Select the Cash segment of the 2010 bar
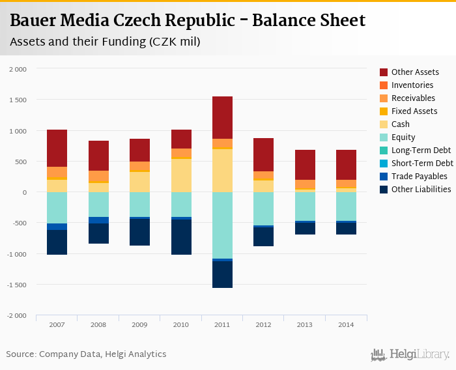pos(181,175)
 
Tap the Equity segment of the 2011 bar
pos(222,225)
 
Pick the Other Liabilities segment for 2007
pos(57,242)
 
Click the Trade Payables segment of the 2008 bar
pos(99,220)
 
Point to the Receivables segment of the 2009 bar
pos(140,166)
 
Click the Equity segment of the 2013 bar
pos(305,206)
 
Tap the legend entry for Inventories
pos(412,85)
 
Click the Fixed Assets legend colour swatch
pos(384,111)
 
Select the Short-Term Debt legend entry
pos(421,164)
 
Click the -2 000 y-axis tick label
pos(17,316)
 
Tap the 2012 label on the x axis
pos(264,324)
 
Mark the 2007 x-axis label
pos(57,324)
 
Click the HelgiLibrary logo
pos(410,354)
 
